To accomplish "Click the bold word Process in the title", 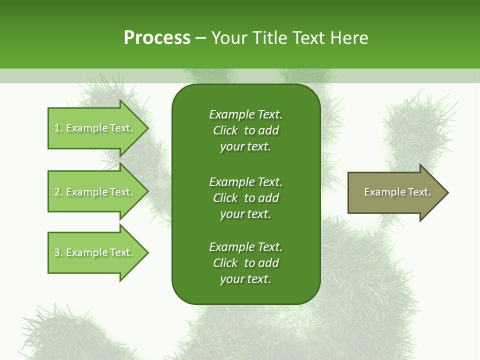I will [x=157, y=38].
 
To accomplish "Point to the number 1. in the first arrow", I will [x=58, y=128].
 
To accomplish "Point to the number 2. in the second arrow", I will [x=58, y=192].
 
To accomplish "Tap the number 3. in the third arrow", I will [x=58, y=252].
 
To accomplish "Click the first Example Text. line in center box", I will [x=245, y=114].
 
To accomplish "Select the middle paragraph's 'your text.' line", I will [x=245, y=214].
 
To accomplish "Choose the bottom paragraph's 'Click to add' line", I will [x=245, y=263].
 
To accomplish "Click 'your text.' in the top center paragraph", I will [x=245, y=147].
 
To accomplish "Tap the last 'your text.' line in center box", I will [x=245, y=279].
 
